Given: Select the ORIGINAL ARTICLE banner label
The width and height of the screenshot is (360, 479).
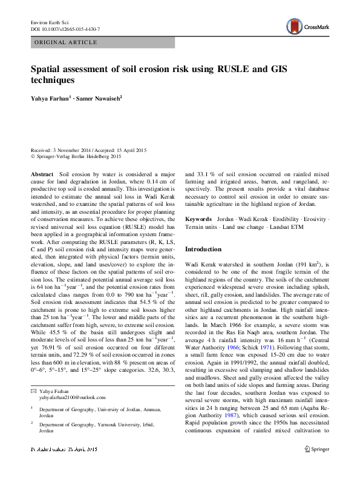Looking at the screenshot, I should [67, 42].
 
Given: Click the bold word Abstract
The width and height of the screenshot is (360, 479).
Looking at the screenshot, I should [42, 174].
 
